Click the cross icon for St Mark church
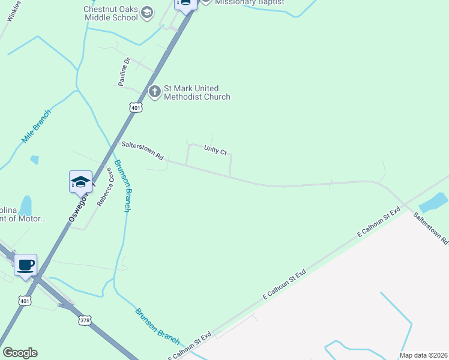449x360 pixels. [154, 92]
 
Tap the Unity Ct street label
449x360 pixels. [215, 150]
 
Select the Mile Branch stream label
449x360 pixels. [37, 127]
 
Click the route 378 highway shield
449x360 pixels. [84, 320]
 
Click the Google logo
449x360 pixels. [20, 353]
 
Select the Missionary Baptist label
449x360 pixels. [250, 2]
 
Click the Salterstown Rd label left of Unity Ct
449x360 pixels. [142, 151]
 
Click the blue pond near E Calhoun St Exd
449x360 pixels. [433, 203]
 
